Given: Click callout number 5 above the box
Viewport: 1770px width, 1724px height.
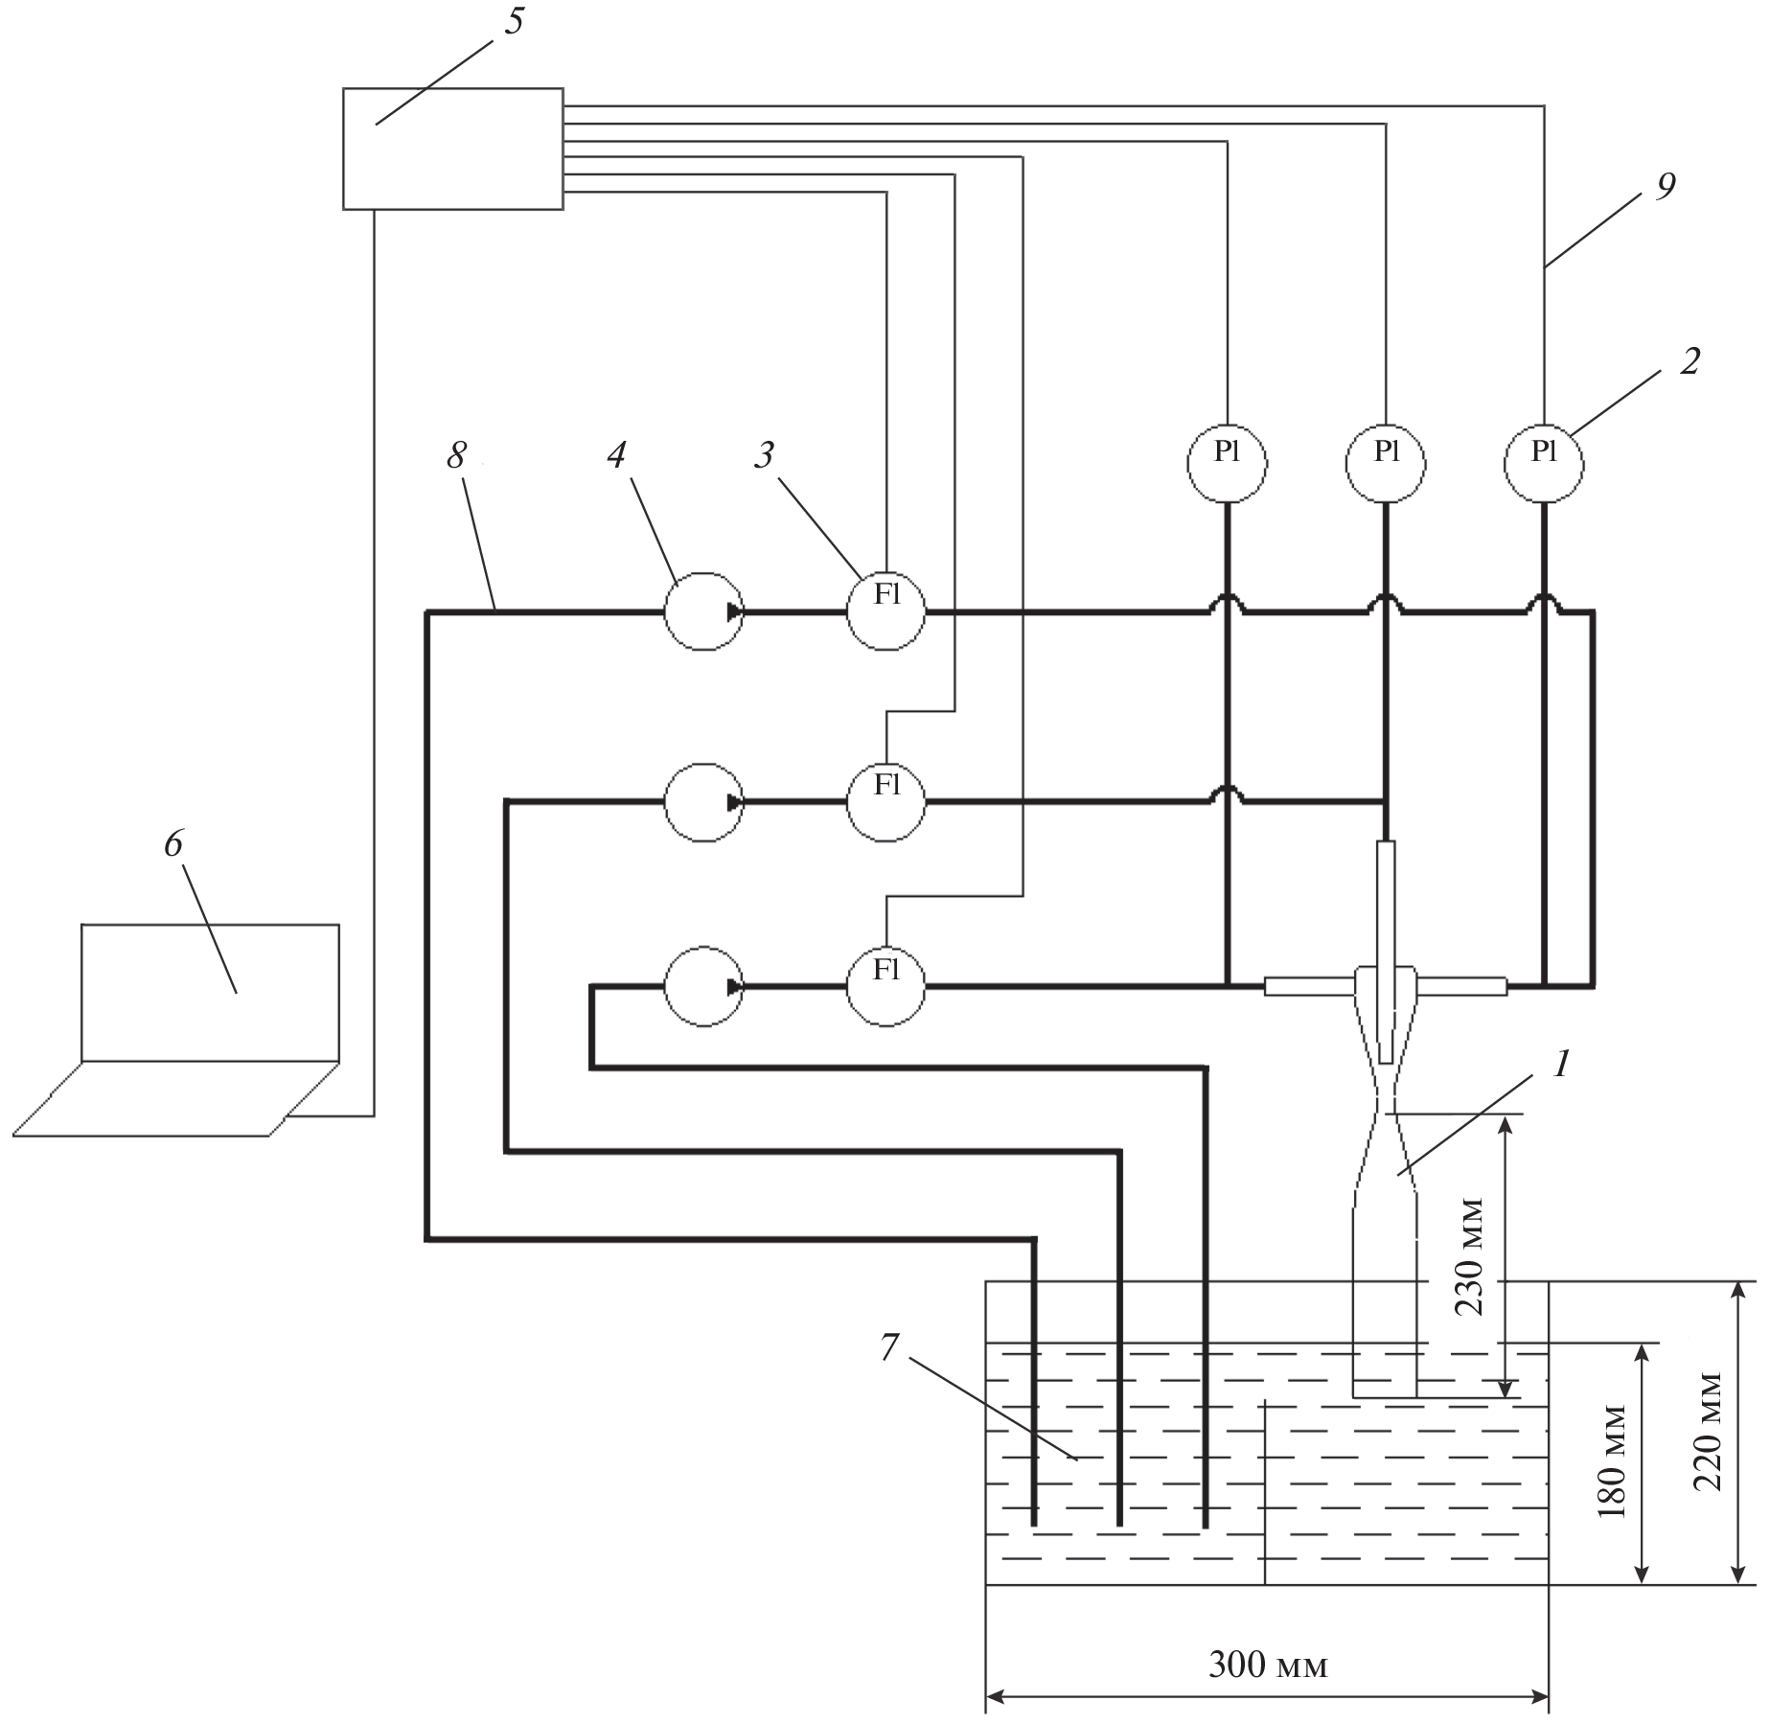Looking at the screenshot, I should click(x=515, y=21).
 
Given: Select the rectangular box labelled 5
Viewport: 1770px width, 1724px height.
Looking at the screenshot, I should click(x=452, y=149).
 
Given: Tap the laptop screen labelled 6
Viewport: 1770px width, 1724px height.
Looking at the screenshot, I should click(x=210, y=992).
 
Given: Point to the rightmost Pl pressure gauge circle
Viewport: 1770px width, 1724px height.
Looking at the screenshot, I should click(x=1544, y=463).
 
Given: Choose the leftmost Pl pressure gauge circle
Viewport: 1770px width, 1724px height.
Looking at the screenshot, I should click(x=1228, y=463).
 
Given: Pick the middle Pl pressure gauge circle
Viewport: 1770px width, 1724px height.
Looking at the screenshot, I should click(x=1386, y=463).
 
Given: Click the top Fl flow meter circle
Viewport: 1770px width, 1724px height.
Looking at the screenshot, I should click(x=885, y=610).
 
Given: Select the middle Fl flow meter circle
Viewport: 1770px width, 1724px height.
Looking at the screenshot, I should click(x=885, y=801).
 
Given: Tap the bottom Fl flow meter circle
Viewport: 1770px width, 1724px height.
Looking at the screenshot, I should click(x=885, y=986).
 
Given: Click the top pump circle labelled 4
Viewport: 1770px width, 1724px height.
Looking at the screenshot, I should click(x=704, y=611).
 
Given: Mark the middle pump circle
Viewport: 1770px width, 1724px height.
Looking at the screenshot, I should click(x=704, y=802).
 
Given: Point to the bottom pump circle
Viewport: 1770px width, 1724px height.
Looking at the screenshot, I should click(x=704, y=986).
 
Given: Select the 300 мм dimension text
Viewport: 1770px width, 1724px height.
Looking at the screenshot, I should click(x=1268, y=1666).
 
